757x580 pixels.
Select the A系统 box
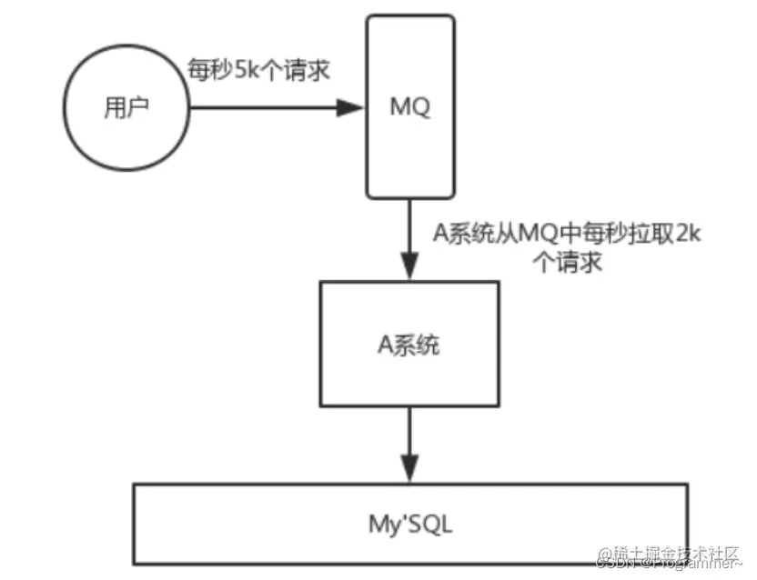(x=409, y=345)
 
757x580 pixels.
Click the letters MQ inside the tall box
(x=409, y=106)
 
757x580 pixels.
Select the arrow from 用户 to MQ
(x=273, y=107)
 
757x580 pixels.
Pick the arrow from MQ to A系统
(x=409, y=238)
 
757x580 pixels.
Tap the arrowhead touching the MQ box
(x=353, y=107)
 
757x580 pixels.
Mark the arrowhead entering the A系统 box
(x=409, y=270)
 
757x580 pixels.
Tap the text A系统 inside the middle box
(x=409, y=345)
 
